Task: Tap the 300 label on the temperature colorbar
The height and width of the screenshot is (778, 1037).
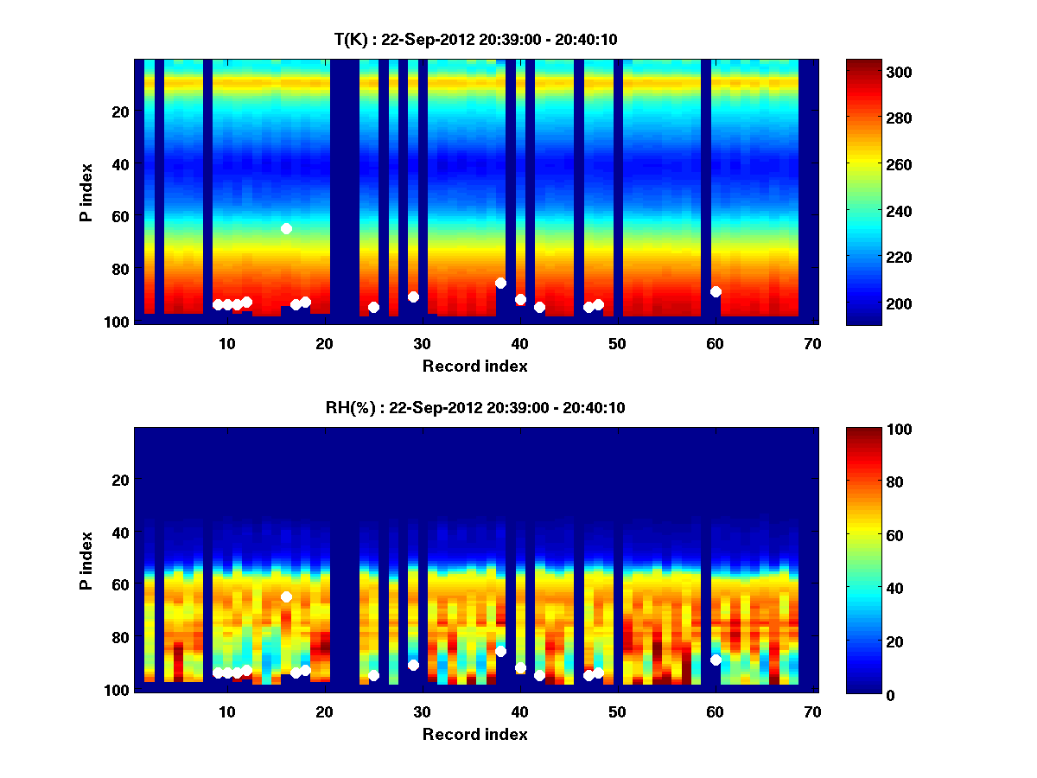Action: (876, 72)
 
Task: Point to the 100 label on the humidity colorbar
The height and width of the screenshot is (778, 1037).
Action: (876, 430)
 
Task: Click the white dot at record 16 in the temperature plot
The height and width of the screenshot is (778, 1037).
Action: (286, 228)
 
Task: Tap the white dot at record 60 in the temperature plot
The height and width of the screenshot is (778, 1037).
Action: (716, 291)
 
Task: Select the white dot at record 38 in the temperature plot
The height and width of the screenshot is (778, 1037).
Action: (500, 283)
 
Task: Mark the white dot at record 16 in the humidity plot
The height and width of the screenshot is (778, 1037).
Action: (286, 596)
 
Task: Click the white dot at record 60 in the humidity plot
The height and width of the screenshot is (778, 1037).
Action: (716, 660)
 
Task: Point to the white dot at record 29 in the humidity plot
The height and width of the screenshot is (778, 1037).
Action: (413, 665)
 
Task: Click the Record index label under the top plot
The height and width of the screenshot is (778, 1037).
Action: (475, 366)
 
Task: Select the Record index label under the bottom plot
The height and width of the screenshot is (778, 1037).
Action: (475, 734)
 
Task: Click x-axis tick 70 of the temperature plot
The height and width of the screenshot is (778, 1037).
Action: (811, 342)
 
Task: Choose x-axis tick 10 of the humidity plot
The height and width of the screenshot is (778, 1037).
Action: (226, 711)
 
